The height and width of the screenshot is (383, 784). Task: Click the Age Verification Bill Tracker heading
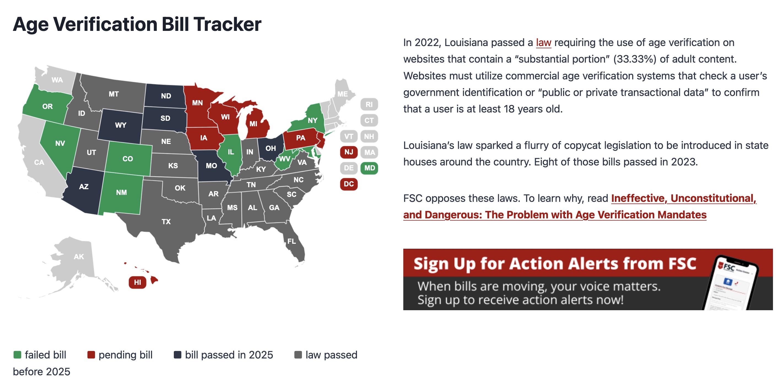137,24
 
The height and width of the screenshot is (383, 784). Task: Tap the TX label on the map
166,221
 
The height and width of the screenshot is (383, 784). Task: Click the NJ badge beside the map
349,152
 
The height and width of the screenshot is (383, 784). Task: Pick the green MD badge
369,168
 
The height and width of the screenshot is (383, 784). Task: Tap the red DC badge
349,184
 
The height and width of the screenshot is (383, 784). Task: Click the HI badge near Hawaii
137,282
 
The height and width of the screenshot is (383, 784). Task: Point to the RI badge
369,105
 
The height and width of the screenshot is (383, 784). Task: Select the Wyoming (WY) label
121,125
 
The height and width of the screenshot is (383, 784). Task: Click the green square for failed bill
17,355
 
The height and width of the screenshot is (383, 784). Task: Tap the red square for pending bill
91,355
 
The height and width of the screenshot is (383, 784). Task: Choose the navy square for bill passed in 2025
177,355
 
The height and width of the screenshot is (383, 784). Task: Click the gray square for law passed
298,355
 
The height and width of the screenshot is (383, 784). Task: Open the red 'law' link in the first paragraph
544,42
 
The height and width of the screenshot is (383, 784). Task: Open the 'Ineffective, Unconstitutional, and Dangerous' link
580,207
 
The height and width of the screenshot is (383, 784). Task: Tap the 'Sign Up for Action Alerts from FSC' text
555,264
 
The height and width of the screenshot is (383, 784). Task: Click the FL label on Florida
291,241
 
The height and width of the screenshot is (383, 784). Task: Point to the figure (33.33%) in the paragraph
635,59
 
